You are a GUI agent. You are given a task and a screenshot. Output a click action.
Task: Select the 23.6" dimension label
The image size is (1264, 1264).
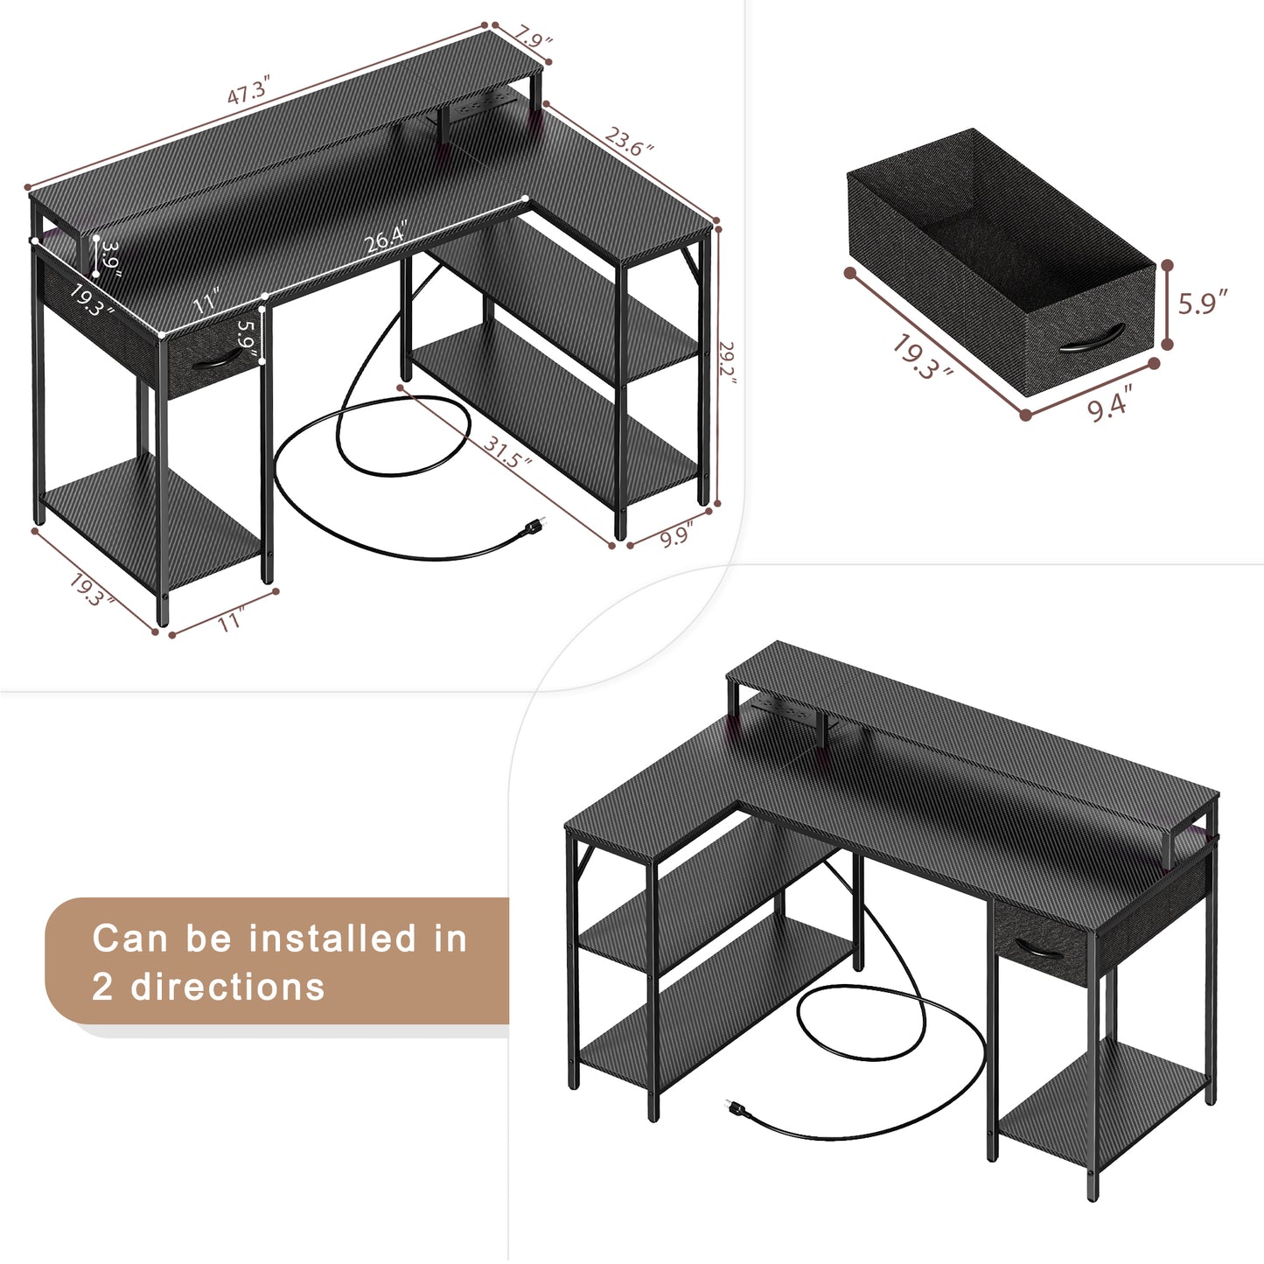(x=629, y=140)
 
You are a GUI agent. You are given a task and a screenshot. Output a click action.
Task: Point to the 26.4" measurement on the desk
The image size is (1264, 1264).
(x=387, y=236)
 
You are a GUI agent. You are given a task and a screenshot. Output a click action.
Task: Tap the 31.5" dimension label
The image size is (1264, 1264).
(x=507, y=451)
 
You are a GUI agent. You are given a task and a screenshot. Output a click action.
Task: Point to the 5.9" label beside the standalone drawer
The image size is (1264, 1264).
(x=1203, y=303)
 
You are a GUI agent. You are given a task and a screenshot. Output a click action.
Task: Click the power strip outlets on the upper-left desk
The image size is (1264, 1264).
(x=477, y=106)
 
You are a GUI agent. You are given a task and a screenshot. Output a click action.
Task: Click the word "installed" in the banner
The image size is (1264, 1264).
(x=332, y=938)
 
